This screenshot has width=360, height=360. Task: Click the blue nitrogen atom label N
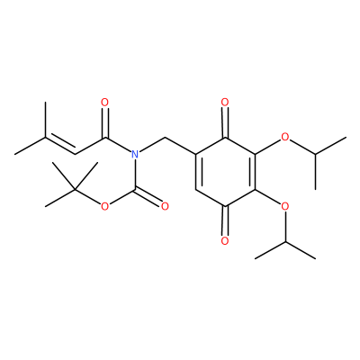135,155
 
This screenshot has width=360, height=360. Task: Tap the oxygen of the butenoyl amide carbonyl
104,103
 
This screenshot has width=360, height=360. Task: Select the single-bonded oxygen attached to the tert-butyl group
104,206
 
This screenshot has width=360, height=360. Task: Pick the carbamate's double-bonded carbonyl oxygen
165,206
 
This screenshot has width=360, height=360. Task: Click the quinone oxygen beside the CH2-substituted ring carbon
225,103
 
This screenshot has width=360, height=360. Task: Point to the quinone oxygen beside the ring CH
225,241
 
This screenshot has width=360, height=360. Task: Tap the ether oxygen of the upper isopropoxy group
285,138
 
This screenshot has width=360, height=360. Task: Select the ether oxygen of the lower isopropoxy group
285,206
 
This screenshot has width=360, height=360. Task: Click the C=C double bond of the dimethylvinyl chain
60,145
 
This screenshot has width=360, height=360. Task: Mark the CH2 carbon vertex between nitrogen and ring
165,138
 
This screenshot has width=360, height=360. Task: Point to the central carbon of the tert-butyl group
75,189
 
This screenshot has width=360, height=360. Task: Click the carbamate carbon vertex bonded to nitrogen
135,189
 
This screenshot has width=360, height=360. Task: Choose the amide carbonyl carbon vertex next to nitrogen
105,138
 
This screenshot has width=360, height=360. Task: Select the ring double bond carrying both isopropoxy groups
254,172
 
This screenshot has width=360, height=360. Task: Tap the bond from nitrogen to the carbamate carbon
135,175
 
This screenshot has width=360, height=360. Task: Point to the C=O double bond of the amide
104,122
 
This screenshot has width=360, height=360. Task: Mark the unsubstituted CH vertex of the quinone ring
195,189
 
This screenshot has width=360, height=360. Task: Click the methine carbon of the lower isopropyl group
285,241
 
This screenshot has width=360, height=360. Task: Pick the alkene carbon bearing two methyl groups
45,138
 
